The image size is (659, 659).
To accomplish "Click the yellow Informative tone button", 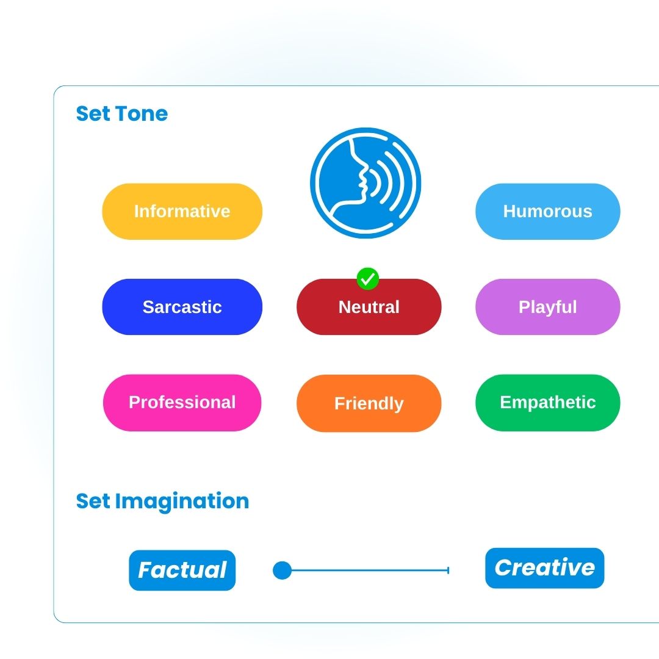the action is coord(182,211).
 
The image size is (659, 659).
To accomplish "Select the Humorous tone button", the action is coord(547,211).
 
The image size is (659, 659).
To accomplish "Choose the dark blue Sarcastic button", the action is coord(182,307).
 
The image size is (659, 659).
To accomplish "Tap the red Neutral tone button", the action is coord(369,307).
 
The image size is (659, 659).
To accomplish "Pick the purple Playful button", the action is coord(547,307).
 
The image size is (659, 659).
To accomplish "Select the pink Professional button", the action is coord(182,403).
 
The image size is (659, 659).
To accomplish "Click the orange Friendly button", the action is coord(369,403).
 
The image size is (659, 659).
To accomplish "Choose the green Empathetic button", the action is coord(547,403).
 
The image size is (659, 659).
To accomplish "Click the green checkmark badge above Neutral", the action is coord(368,279).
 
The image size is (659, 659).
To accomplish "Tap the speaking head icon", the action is coord(366,183).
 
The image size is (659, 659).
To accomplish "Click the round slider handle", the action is coord(282,571).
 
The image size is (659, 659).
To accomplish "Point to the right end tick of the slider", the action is coord(448,571).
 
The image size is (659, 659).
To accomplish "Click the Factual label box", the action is coord(182,571).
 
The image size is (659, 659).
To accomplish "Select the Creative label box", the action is coord(545,568).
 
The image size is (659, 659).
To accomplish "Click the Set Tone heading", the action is coord(122,114).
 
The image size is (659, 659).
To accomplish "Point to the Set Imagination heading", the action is coord(163,502).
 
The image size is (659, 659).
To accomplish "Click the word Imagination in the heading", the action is coord(182,502).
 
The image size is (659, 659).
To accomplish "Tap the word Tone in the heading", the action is coord(142,114).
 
